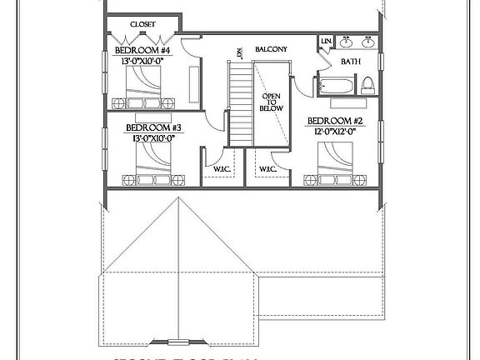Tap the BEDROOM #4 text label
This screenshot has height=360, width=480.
[142, 50]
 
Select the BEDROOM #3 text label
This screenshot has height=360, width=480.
[153, 127]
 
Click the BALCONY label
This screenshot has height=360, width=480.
[271, 50]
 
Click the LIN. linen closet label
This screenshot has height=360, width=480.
[325, 41]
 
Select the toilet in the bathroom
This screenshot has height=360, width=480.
[367, 83]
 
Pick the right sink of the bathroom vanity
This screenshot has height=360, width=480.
[367, 42]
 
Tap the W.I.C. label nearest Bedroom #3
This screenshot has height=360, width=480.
[222, 169]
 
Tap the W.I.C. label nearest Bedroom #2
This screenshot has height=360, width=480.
[267, 169]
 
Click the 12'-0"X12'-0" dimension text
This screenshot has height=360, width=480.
[336, 131]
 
